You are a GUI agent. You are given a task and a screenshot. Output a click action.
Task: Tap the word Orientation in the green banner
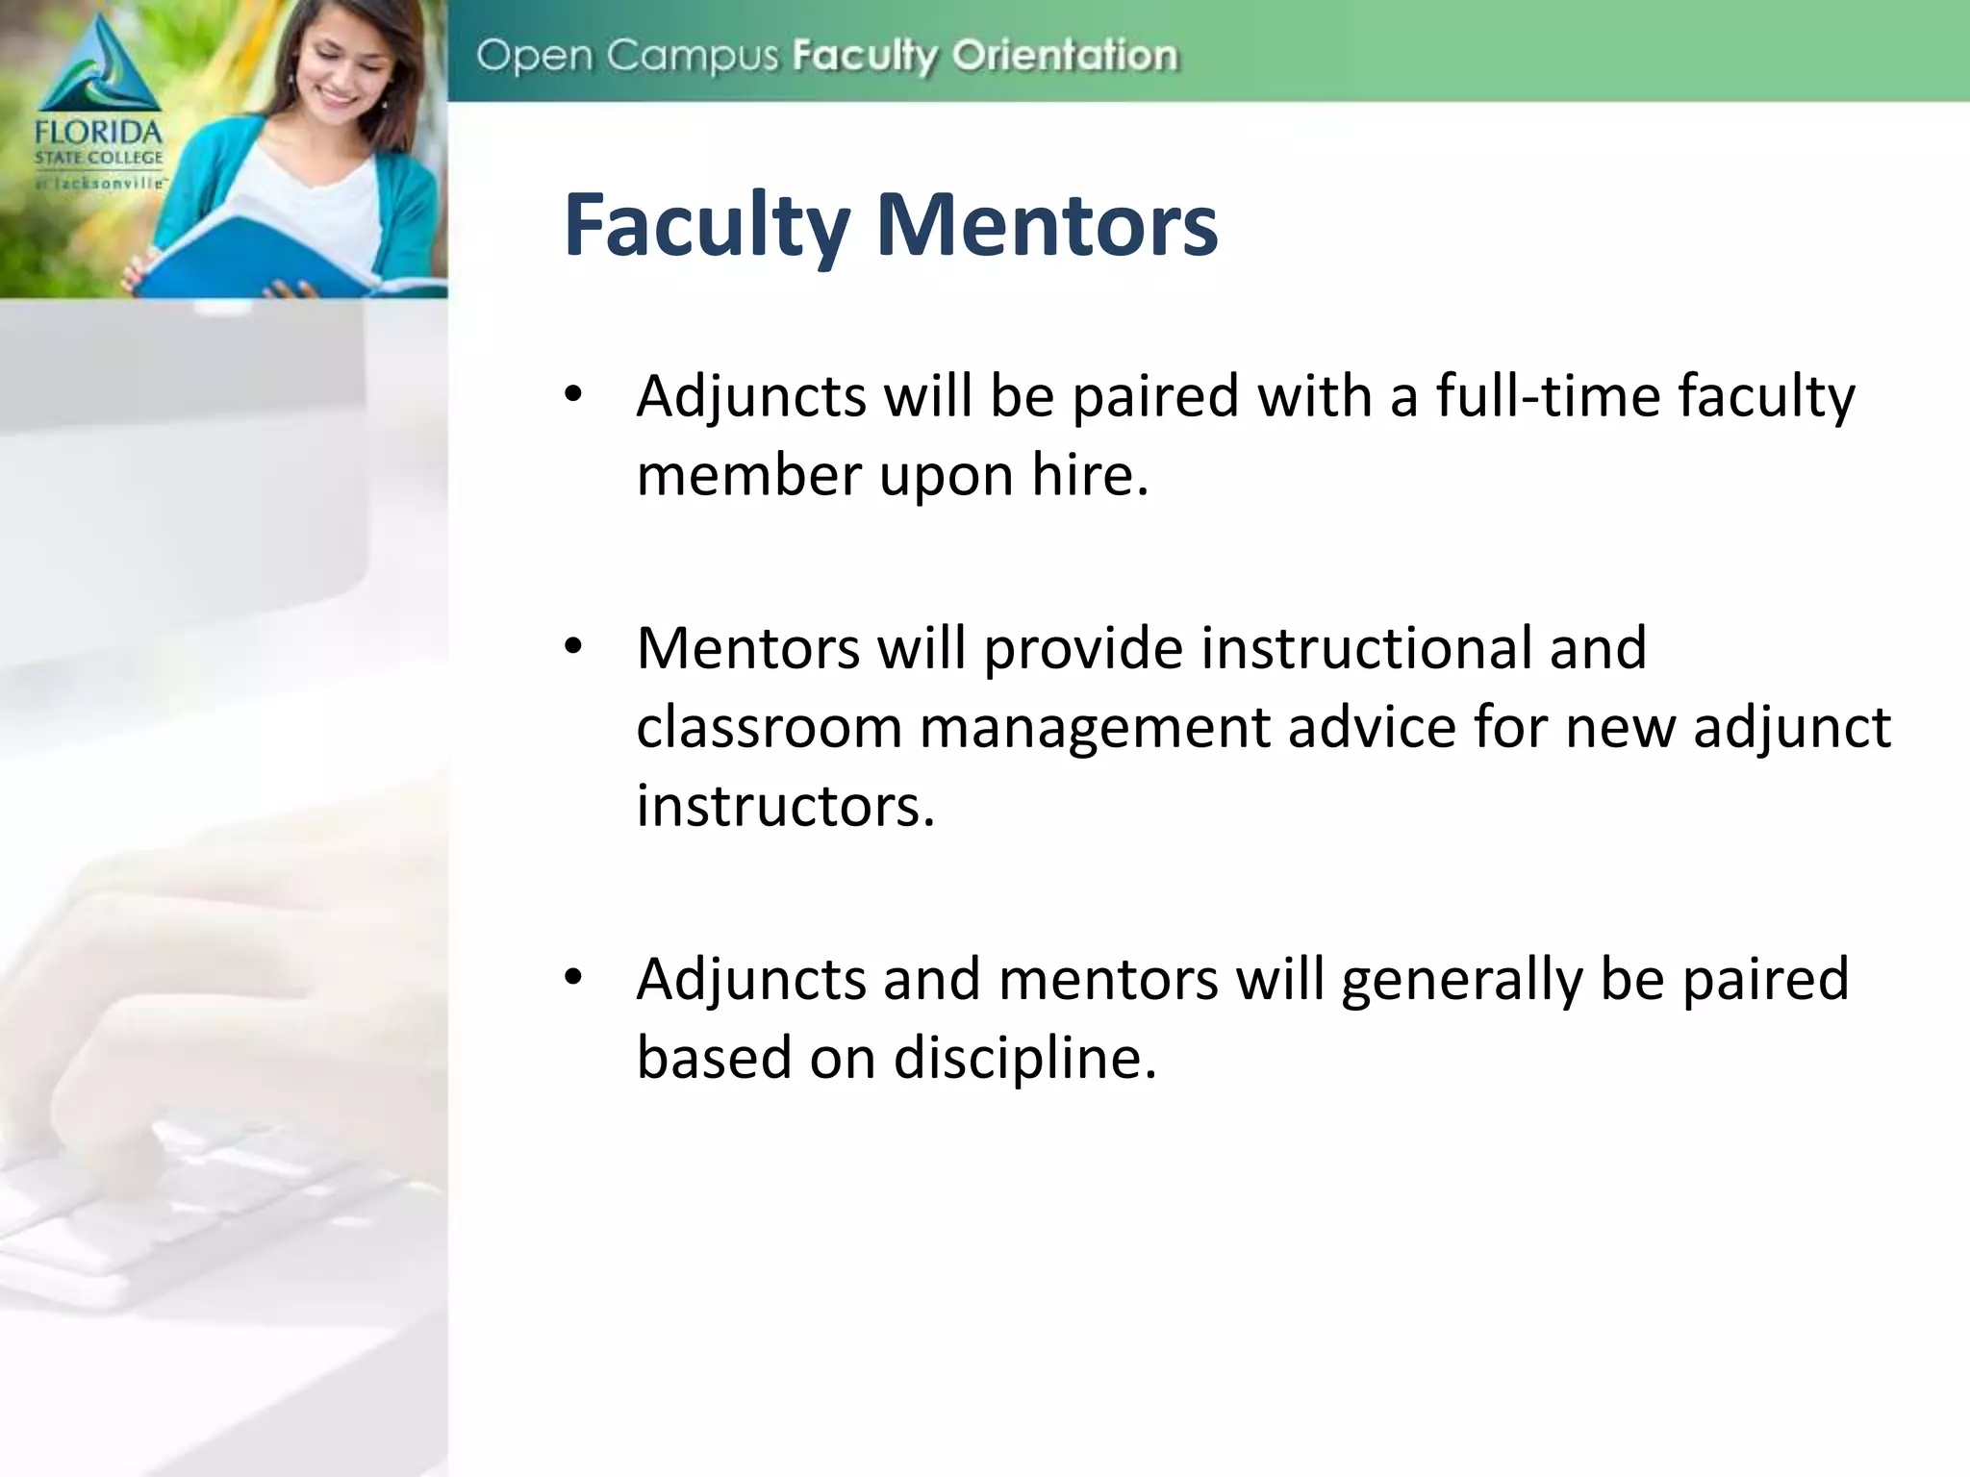[x=1065, y=56]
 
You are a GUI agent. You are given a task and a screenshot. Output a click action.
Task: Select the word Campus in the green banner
[x=692, y=56]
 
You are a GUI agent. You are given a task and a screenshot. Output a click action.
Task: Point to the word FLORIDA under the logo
[x=99, y=132]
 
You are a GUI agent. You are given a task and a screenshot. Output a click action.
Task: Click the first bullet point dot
[x=574, y=394]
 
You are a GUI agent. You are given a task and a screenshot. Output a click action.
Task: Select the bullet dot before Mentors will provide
[x=574, y=647]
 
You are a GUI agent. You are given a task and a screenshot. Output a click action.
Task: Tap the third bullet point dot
[x=574, y=978]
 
